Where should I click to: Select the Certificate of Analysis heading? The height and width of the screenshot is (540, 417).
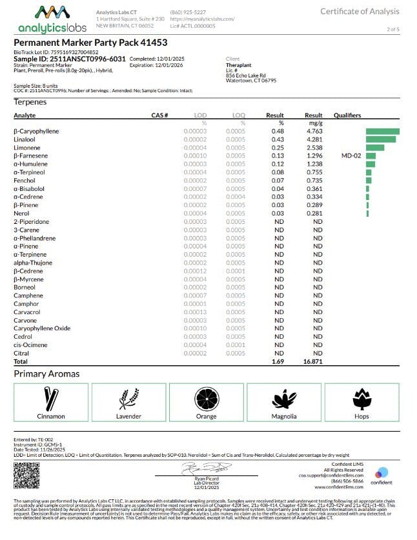click(x=360, y=12)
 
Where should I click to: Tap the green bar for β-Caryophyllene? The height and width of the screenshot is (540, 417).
click(x=382, y=132)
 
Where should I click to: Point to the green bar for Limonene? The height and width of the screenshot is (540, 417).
click(x=375, y=148)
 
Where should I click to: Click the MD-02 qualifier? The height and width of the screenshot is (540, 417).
click(x=351, y=156)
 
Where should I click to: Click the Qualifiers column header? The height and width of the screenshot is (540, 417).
click(x=348, y=115)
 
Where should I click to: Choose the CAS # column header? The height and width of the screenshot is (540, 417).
click(x=160, y=115)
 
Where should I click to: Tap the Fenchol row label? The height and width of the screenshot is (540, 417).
click(x=24, y=181)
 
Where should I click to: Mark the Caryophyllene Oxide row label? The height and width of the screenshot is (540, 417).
click(x=42, y=328)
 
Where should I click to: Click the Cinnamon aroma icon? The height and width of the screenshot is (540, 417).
click(x=50, y=398)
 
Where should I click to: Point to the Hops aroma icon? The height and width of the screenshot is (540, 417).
click(x=362, y=398)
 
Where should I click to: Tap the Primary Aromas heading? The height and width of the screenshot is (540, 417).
click(x=46, y=374)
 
